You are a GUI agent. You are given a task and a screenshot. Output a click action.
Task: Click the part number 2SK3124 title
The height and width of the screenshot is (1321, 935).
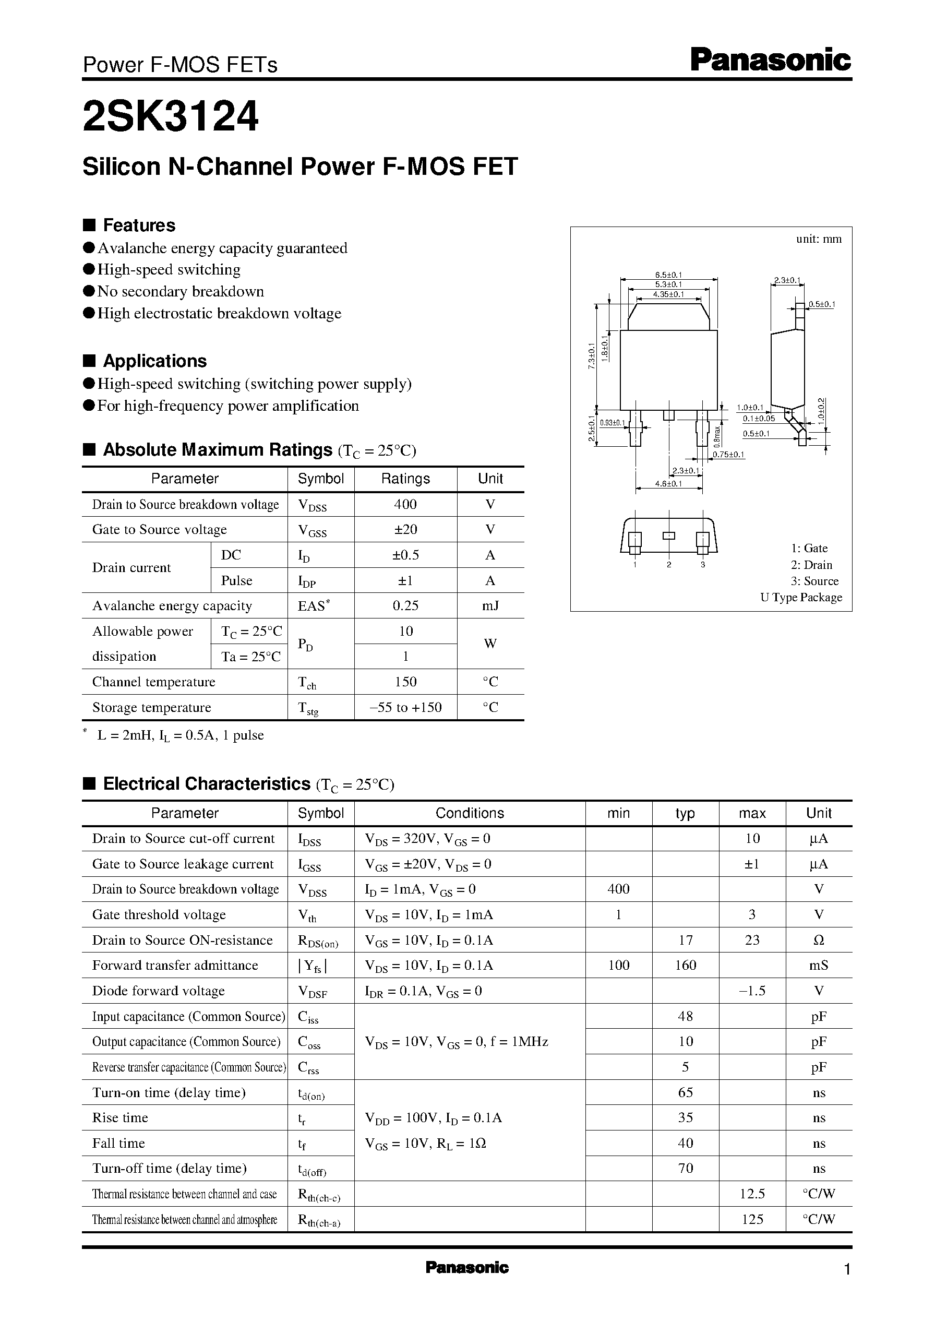click(171, 117)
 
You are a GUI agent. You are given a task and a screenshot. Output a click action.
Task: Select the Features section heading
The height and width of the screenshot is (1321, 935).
click(139, 225)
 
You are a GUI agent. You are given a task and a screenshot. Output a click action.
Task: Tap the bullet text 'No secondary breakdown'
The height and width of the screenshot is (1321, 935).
click(180, 291)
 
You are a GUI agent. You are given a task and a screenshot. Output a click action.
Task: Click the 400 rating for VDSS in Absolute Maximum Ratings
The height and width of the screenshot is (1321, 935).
click(405, 505)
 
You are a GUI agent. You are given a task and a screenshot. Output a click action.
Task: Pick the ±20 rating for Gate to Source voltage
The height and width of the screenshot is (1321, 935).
click(405, 529)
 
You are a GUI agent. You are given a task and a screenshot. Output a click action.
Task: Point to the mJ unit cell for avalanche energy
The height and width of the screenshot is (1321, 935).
click(490, 606)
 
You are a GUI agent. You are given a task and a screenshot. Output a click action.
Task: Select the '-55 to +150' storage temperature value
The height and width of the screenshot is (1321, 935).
click(405, 707)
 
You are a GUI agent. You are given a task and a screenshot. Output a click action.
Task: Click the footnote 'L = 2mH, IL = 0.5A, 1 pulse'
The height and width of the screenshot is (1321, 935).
click(180, 735)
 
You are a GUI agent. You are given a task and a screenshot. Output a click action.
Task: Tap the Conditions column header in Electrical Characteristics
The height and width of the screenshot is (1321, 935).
click(469, 813)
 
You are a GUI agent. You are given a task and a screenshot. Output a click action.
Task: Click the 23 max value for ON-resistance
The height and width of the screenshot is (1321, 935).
click(752, 941)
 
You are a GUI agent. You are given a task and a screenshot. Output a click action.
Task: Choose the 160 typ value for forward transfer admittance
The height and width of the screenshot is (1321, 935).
click(685, 966)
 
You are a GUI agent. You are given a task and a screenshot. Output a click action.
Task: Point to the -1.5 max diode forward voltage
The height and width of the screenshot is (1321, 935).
click(752, 991)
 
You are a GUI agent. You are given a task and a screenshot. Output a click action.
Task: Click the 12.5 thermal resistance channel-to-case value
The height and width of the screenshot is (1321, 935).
click(752, 1194)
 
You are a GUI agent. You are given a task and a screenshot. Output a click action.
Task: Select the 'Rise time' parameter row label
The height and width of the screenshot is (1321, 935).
click(121, 1118)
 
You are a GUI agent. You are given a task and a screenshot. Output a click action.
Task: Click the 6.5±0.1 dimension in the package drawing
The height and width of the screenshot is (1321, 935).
click(668, 275)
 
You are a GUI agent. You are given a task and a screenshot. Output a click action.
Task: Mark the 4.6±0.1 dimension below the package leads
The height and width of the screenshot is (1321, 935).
click(668, 484)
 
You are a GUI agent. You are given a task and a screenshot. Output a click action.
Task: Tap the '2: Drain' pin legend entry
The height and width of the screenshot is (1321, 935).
click(811, 565)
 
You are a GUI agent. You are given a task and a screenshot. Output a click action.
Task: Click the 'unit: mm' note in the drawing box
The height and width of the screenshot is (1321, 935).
click(818, 239)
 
